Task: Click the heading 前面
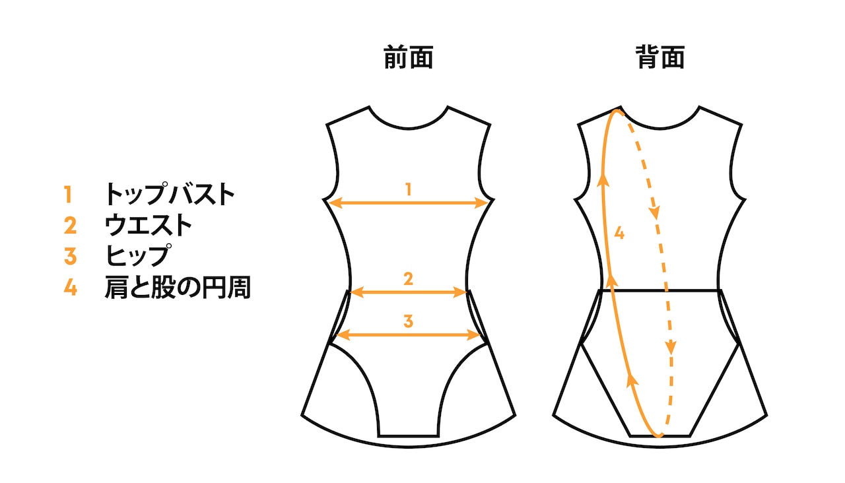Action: [x=409, y=58]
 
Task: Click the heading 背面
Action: [x=659, y=58]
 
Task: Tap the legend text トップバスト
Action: [x=170, y=195]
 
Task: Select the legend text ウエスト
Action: [x=149, y=226]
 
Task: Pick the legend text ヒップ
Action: [x=139, y=256]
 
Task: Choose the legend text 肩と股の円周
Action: [x=178, y=288]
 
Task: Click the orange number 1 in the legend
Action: [x=68, y=195]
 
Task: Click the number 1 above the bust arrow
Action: [x=409, y=190]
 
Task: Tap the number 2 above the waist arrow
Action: [x=409, y=279]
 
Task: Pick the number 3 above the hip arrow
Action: [x=409, y=322]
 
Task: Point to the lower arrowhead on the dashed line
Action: [x=671, y=346]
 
